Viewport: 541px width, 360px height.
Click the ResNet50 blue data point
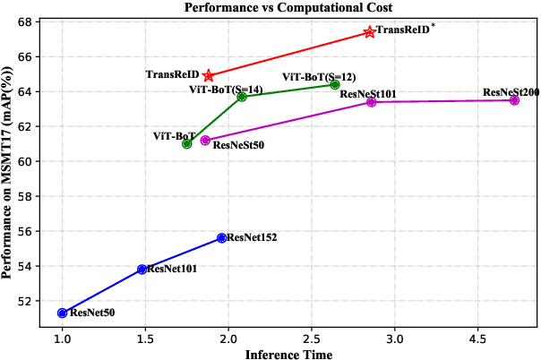pos(62,313)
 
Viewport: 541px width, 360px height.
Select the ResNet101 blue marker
pos(142,269)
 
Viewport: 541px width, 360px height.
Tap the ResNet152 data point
pos(222,237)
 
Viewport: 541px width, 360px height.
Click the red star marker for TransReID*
pos(370,31)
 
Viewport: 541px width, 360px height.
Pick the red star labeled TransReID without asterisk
pos(209,75)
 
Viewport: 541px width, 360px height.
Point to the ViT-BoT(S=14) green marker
pos(242,96)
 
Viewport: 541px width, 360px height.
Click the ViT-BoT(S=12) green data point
pos(335,84)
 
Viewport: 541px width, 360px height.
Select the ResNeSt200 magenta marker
pos(514,100)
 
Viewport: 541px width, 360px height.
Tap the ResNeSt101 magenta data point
pos(371,102)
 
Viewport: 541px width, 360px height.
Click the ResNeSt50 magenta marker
pos(205,140)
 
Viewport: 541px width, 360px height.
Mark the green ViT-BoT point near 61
pos(187,143)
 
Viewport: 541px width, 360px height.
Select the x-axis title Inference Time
pos(288,354)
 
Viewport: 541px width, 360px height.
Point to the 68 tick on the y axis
pos(29,21)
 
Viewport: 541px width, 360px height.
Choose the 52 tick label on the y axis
pos(29,301)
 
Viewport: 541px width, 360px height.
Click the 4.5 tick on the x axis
pos(477,339)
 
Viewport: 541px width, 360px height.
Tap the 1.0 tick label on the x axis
pos(62,339)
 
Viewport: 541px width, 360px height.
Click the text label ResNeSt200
pos(511,92)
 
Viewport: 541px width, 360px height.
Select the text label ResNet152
pos(253,237)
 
